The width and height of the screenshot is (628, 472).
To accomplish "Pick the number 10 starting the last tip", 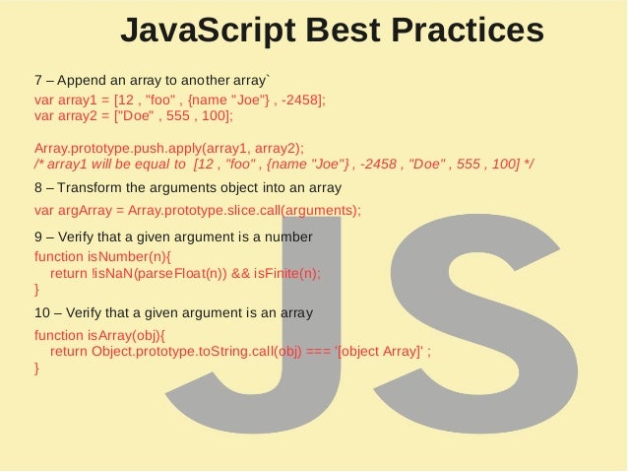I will point(43,313).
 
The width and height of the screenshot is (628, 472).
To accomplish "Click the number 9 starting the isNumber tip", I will point(38,237).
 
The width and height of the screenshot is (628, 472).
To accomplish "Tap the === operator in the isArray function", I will point(318,351).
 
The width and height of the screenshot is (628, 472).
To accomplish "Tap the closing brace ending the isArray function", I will point(36,368).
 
